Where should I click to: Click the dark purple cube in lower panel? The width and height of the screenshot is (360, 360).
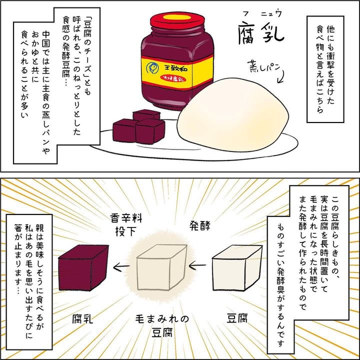point(83,267)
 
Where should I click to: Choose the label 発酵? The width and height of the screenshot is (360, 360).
point(199,223)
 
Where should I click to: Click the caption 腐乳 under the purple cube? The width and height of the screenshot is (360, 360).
point(83,318)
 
